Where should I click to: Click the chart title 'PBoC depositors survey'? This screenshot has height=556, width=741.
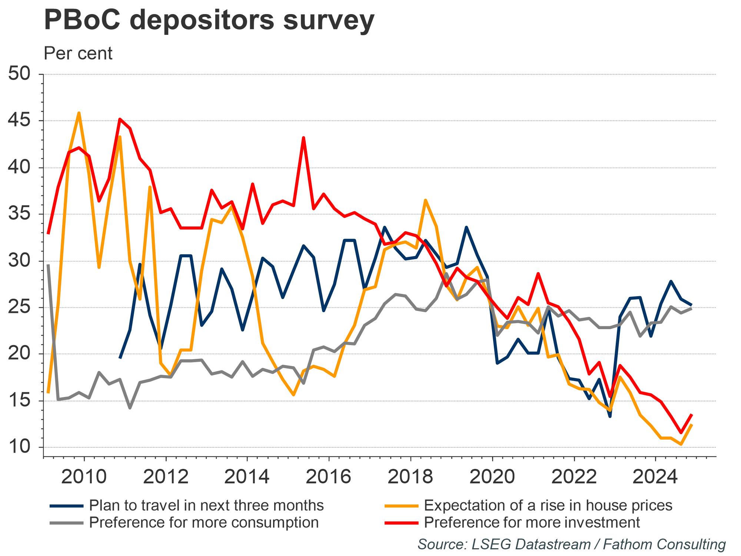(209, 20)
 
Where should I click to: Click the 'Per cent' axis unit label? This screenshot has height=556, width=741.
(78, 53)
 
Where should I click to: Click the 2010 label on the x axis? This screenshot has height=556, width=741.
(84, 476)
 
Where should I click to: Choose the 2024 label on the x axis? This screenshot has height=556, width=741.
(655, 476)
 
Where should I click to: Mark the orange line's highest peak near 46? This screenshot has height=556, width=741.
(79, 113)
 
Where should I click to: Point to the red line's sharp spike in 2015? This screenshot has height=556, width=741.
(303, 138)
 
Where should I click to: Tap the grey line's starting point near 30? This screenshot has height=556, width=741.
(49, 265)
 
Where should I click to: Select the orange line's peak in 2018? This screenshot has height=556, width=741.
(426, 200)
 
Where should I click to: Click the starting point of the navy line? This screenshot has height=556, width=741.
(120, 358)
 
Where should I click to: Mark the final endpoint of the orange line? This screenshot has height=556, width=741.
(692, 425)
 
